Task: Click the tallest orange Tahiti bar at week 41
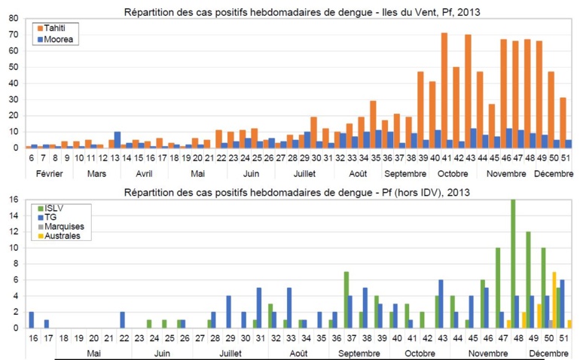click(x=444, y=90)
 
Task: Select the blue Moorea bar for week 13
click(x=117, y=139)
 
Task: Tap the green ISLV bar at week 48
click(x=513, y=264)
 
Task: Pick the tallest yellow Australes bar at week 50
click(x=554, y=300)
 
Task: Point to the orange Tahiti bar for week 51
click(x=563, y=123)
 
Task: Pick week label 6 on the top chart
click(x=31, y=159)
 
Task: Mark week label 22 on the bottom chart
click(x=122, y=338)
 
